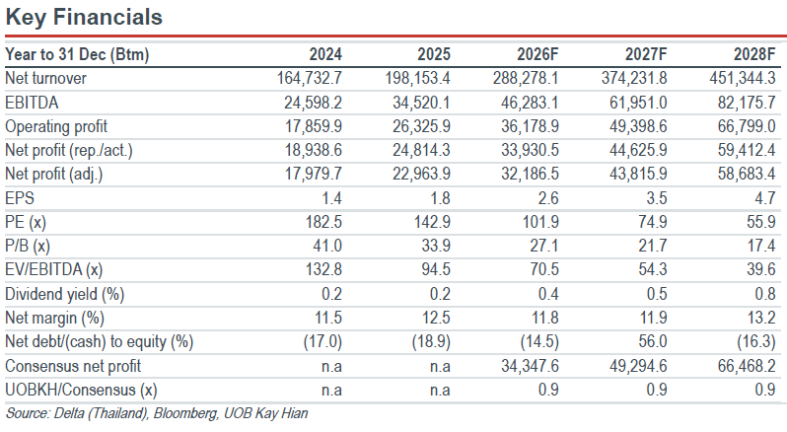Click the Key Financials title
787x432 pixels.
pyautogui.click(x=84, y=17)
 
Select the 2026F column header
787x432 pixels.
pyautogui.click(x=537, y=54)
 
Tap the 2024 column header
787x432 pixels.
pyautogui.click(x=325, y=54)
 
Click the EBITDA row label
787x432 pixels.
pyautogui.click(x=32, y=103)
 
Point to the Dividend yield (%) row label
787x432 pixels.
pyautogui.click(x=65, y=294)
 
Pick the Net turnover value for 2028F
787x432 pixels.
pyautogui.click(x=743, y=78)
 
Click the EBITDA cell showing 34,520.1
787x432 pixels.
pyautogui.click(x=421, y=103)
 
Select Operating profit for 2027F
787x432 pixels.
pyautogui.click(x=638, y=126)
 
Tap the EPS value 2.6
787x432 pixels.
pyautogui.click(x=548, y=197)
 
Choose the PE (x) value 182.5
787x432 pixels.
pyautogui.click(x=323, y=221)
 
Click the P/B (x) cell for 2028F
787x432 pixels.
pyautogui.click(x=761, y=246)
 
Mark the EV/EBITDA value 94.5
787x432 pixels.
pyautogui.click(x=436, y=269)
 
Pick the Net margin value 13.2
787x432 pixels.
pyautogui.click(x=761, y=318)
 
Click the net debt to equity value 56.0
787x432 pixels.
pyautogui.click(x=653, y=341)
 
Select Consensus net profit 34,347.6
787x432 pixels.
pyautogui.click(x=530, y=366)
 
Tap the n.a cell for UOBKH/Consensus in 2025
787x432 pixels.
pyautogui.click(x=440, y=390)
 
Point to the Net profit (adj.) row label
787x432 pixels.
pyautogui.click(x=53, y=174)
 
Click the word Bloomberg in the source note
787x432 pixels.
pyautogui.click(x=185, y=413)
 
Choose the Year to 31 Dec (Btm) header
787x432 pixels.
pyautogui.click(x=77, y=54)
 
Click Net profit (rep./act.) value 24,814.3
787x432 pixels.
pyautogui.click(x=421, y=150)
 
